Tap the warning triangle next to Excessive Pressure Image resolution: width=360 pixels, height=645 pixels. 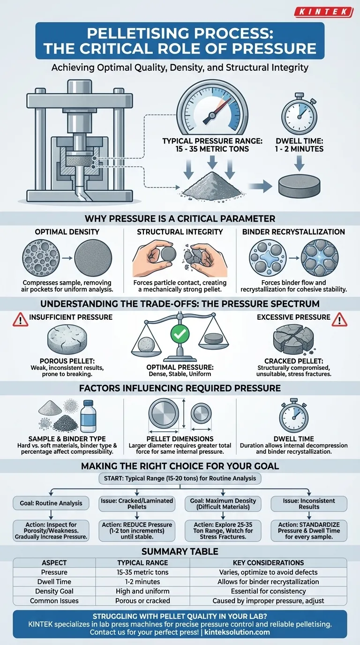(340, 320)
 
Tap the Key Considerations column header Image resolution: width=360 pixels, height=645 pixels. (268, 562)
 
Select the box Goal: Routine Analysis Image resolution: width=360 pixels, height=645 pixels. (51, 503)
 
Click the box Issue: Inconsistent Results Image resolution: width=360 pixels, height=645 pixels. (309, 503)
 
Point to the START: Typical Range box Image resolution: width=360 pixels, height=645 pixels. (180, 479)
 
